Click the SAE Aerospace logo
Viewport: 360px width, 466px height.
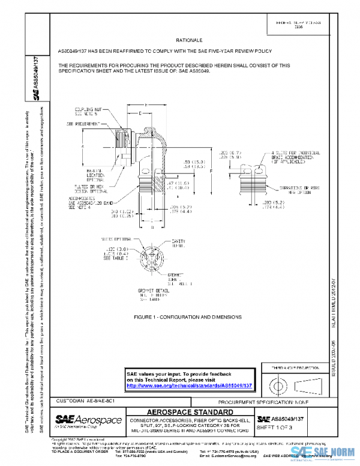click(88, 420)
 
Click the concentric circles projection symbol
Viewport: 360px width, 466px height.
click(277, 383)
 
